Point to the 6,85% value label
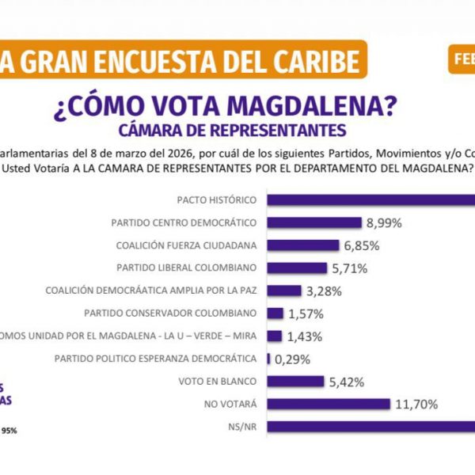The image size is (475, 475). (x=362, y=245)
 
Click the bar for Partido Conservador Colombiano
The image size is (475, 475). (x=275, y=313)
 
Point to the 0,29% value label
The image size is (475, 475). (x=293, y=359)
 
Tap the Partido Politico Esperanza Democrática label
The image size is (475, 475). (x=156, y=359)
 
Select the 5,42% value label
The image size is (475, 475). (x=347, y=382)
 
